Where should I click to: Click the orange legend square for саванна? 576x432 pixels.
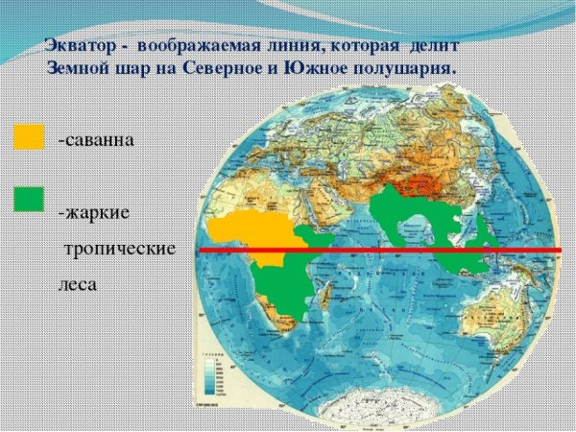(x=29, y=137)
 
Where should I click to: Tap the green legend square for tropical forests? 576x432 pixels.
(x=29, y=199)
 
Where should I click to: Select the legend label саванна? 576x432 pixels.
(x=95, y=140)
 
